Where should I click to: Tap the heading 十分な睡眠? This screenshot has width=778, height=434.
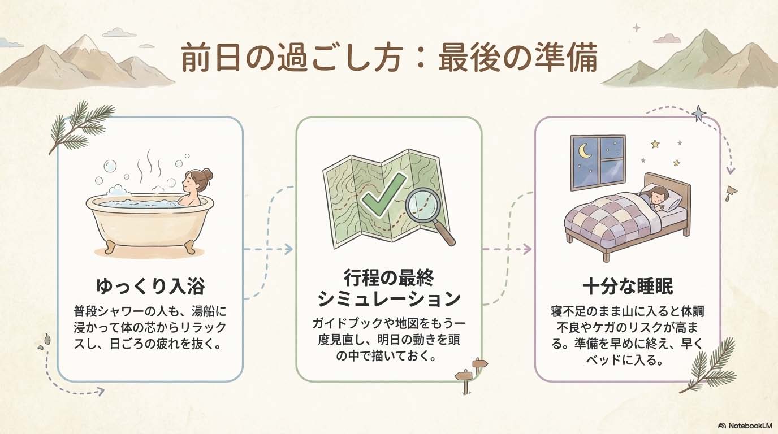tap(628, 286)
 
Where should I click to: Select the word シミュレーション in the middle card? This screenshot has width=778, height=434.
tap(389, 298)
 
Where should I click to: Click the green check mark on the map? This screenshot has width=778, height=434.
tap(383, 197)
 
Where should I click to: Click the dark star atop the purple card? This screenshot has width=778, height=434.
tap(699, 114)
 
